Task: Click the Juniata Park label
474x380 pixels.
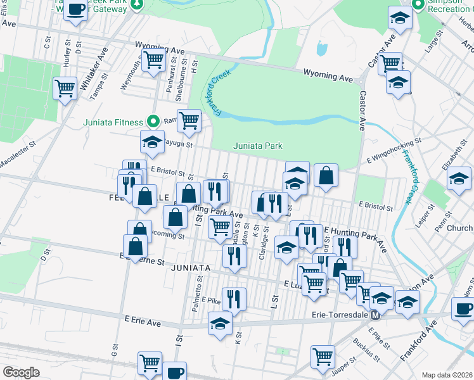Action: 257,146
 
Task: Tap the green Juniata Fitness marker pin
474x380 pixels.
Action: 152,120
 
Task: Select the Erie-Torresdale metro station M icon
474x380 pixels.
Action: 375,315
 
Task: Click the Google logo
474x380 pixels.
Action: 21,372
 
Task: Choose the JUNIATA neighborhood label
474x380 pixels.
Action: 189,268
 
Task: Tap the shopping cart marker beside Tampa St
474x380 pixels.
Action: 65,89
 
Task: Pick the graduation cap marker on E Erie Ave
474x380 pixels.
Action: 220,323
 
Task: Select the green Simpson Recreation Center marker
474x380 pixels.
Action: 418,5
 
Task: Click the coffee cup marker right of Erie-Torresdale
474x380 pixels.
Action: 463,309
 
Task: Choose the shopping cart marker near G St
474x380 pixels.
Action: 150,363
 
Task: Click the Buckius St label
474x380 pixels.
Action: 366,350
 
